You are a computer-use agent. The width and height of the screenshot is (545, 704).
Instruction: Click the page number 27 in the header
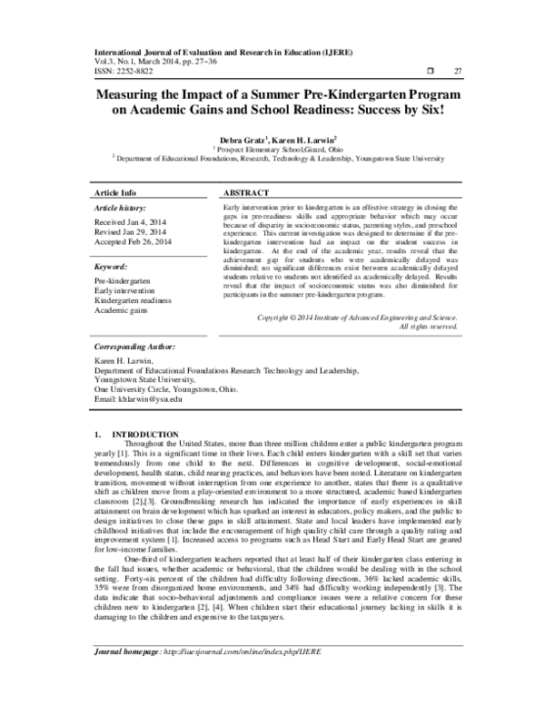tap(458, 70)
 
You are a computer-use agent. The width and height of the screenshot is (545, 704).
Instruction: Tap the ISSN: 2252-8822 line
tap(127, 71)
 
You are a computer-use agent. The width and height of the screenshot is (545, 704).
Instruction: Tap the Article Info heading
tap(116, 193)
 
